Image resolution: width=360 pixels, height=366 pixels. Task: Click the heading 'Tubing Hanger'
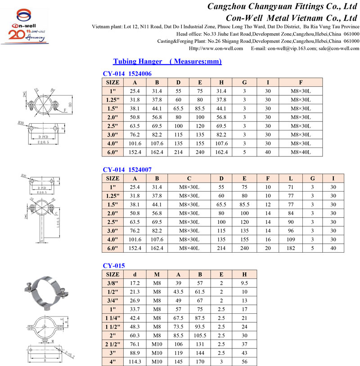(135, 61)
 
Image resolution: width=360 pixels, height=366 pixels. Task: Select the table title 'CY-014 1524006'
(127, 73)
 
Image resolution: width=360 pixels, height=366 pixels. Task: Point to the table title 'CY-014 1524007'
(127, 169)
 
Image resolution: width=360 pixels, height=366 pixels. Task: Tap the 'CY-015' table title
(114, 265)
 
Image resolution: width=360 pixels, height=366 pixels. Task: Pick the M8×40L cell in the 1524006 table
(301, 152)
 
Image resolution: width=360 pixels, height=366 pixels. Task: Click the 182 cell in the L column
(291, 248)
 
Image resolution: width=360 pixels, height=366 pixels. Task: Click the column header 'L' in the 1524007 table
(291, 178)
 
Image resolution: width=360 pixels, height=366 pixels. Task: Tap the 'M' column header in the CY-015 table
(157, 274)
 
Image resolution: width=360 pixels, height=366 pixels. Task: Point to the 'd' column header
(135, 274)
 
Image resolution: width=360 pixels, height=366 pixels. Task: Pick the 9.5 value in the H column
(244, 283)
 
